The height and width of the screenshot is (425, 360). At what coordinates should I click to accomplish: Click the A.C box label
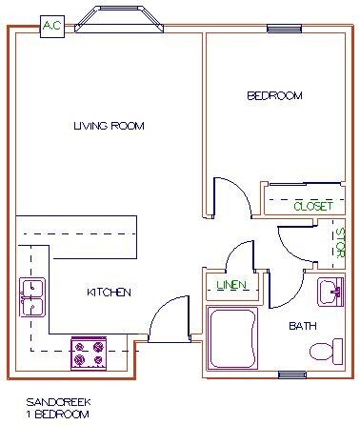click(52, 27)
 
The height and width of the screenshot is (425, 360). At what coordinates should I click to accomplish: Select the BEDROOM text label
click(274, 95)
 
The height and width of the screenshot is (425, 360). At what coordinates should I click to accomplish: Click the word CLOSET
click(311, 206)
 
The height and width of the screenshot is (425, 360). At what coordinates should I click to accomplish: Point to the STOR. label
click(338, 244)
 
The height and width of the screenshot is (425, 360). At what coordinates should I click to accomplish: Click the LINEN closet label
click(230, 285)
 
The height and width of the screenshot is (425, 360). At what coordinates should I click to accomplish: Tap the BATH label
click(303, 327)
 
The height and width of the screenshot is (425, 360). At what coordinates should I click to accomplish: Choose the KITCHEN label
click(108, 292)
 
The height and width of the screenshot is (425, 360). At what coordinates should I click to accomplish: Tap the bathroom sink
click(330, 292)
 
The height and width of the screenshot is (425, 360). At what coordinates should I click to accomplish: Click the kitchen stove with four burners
click(88, 354)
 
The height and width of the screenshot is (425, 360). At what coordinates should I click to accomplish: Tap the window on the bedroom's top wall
click(285, 30)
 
